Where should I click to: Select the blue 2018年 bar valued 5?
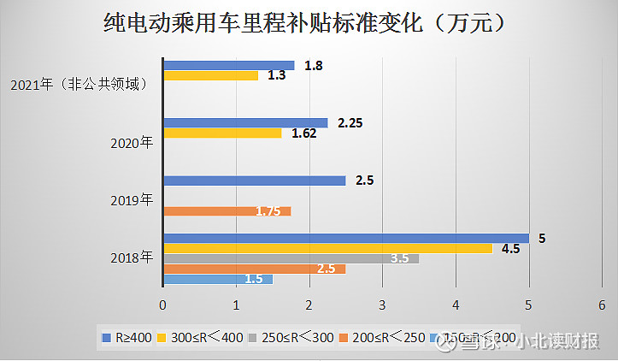(x=345, y=238)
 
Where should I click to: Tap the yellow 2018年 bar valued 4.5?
(x=327, y=248)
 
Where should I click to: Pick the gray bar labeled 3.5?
(x=291, y=258)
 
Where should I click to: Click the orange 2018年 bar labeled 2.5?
(x=254, y=269)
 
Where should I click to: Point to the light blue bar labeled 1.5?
(x=217, y=279)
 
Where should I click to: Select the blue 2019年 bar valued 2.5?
(x=254, y=180)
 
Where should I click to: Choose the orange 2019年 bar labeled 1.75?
(x=227, y=211)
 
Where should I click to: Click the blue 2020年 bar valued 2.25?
(x=245, y=122)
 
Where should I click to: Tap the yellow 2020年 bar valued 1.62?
(x=222, y=133)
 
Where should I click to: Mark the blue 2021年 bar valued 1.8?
(x=228, y=65)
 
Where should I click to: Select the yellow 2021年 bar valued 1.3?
(x=210, y=75)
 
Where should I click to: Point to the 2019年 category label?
(x=132, y=200)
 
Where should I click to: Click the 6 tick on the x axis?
(x=602, y=305)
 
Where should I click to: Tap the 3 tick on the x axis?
(x=382, y=305)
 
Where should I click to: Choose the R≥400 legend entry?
(x=127, y=338)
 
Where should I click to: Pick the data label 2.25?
(x=350, y=123)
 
